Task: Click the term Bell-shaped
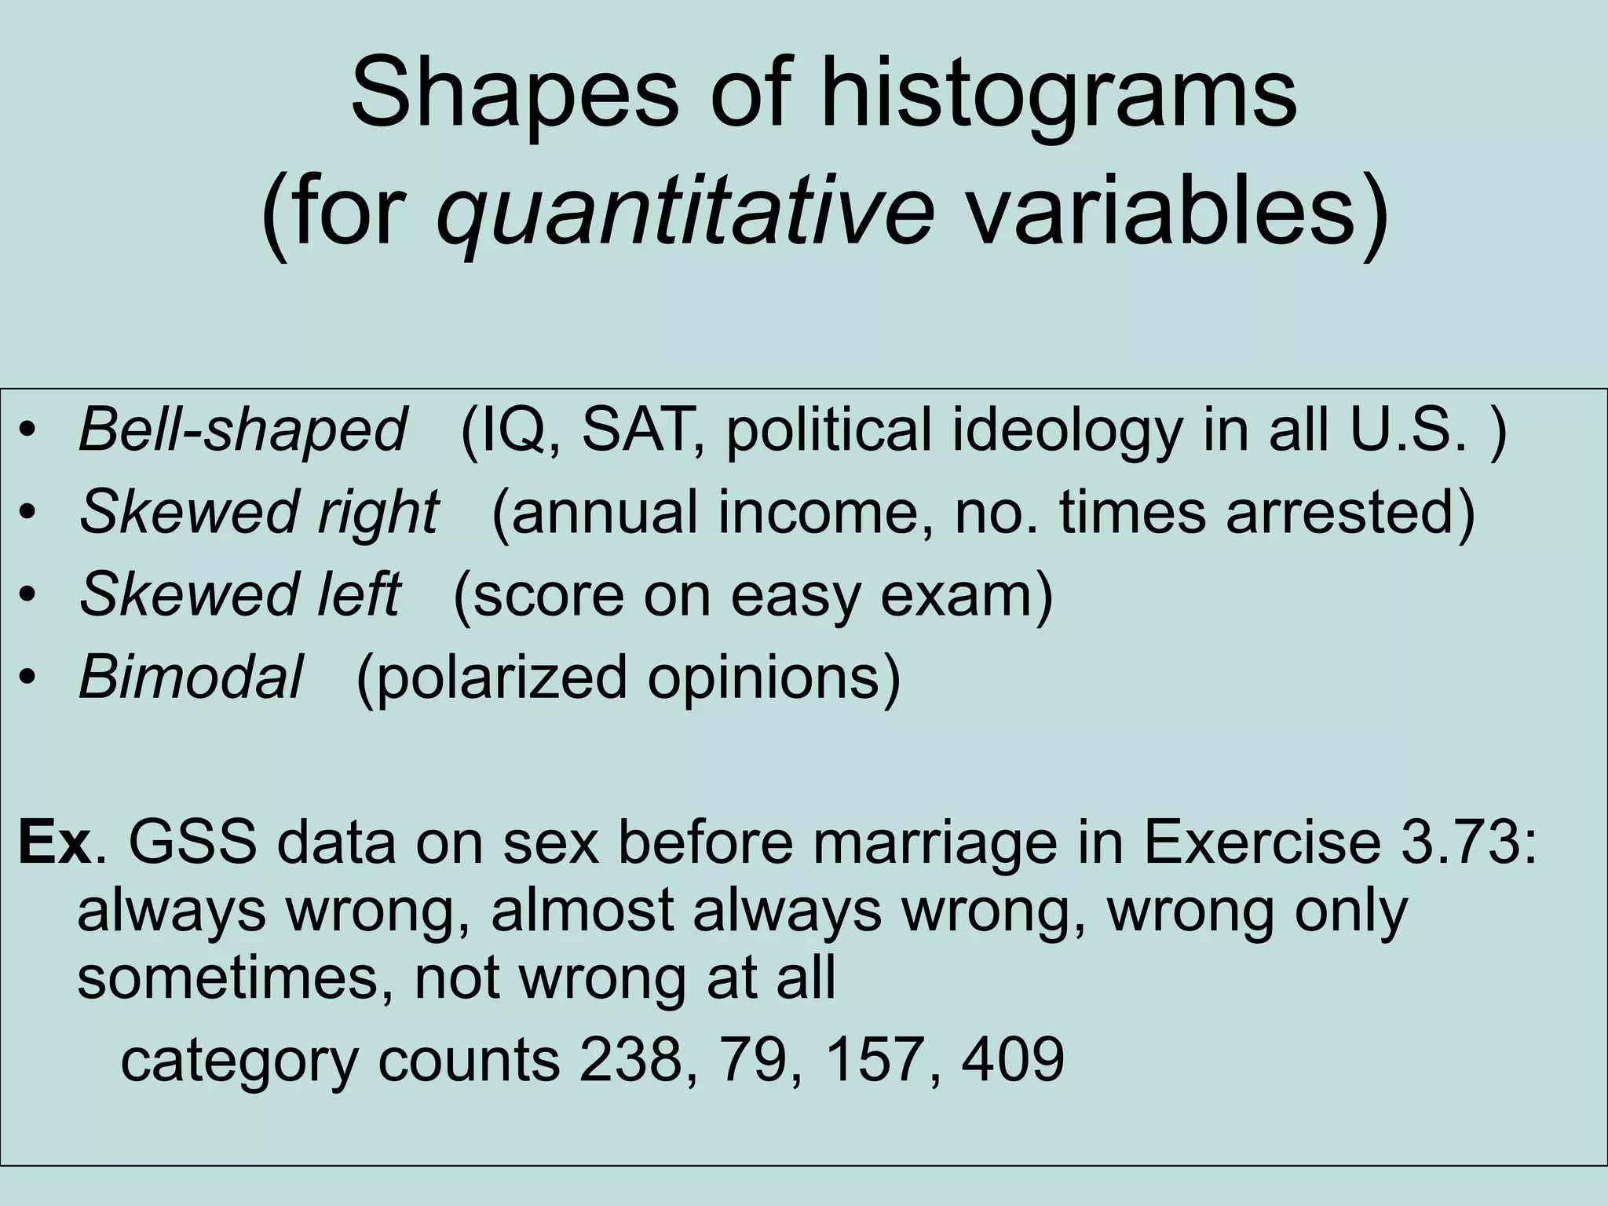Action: [243, 430]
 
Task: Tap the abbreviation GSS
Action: [192, 844]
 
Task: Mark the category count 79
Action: [760, 1059]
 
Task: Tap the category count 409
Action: [1013, 1059]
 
